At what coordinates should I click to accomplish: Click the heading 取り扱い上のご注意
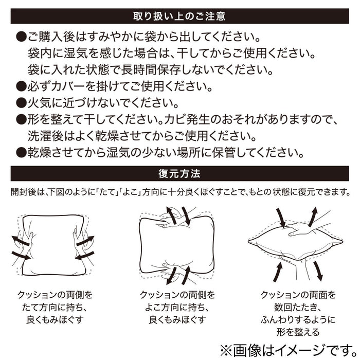pos(179,16)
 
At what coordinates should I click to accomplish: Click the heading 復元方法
pos(179,173)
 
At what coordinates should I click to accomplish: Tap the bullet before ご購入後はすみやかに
pos(21,38)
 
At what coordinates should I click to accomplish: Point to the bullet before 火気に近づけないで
pos(21,102)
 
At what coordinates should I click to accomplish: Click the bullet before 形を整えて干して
pos(21,120)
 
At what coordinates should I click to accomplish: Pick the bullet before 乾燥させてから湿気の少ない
pos(21,153)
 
